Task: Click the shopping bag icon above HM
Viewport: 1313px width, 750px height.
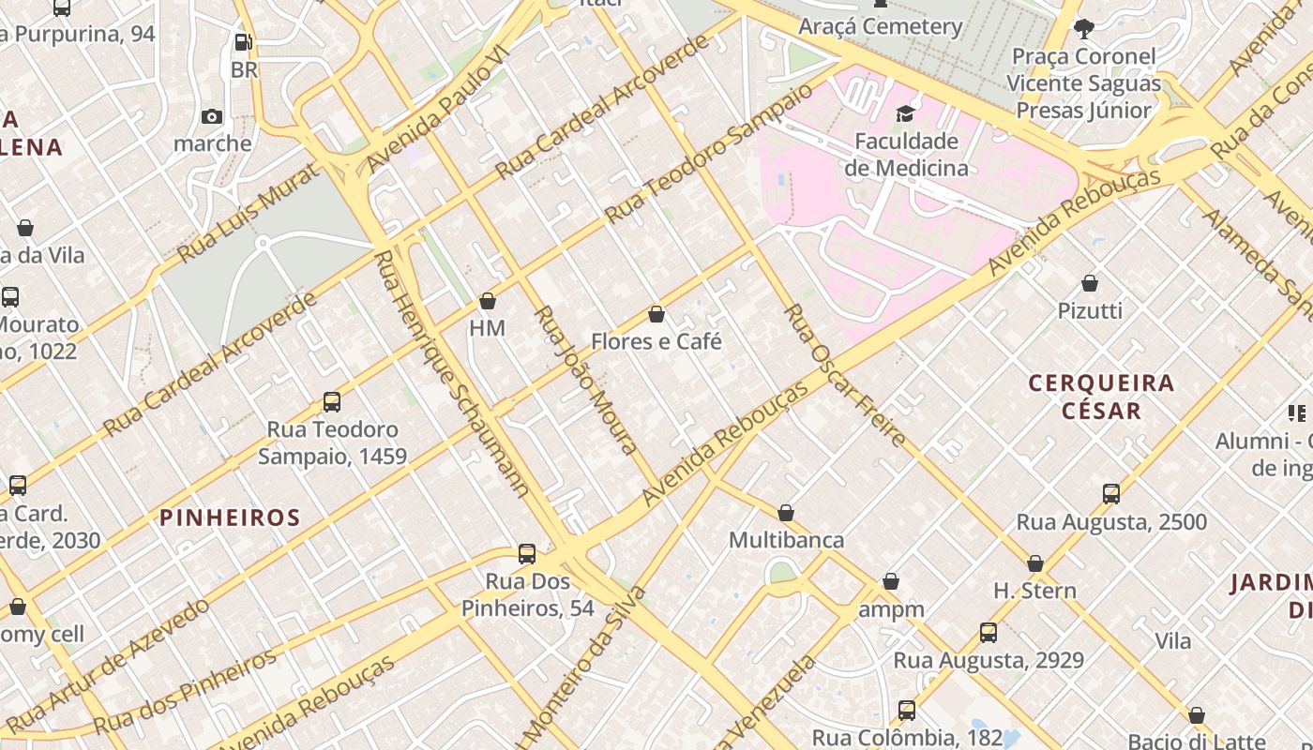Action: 487,301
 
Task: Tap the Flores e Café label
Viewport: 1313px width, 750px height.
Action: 656,341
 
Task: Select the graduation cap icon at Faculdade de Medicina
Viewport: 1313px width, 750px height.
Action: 905,113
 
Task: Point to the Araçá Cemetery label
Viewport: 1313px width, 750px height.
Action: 880,26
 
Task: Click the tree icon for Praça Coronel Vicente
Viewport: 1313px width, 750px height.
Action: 1083,28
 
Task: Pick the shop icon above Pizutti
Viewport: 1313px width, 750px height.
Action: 1090,282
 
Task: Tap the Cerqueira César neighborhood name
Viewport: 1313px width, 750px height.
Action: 1101,397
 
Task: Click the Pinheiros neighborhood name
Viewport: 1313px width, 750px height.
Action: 230,517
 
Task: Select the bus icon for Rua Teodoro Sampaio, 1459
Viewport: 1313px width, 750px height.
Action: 331,402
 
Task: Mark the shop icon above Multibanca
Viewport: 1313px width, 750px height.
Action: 786,513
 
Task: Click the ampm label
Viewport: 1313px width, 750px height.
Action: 891,609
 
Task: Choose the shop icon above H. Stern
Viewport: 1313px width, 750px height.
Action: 1035,563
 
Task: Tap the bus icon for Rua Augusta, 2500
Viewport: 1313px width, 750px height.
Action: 1111,494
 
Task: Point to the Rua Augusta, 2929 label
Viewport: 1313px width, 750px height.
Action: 988,660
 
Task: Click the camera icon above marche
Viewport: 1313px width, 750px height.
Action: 212,116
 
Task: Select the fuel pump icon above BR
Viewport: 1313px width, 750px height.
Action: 243,42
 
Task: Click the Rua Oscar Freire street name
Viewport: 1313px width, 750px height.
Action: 845,375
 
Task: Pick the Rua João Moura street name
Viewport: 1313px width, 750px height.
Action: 586,380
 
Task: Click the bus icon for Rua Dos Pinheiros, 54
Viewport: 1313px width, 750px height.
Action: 527,554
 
